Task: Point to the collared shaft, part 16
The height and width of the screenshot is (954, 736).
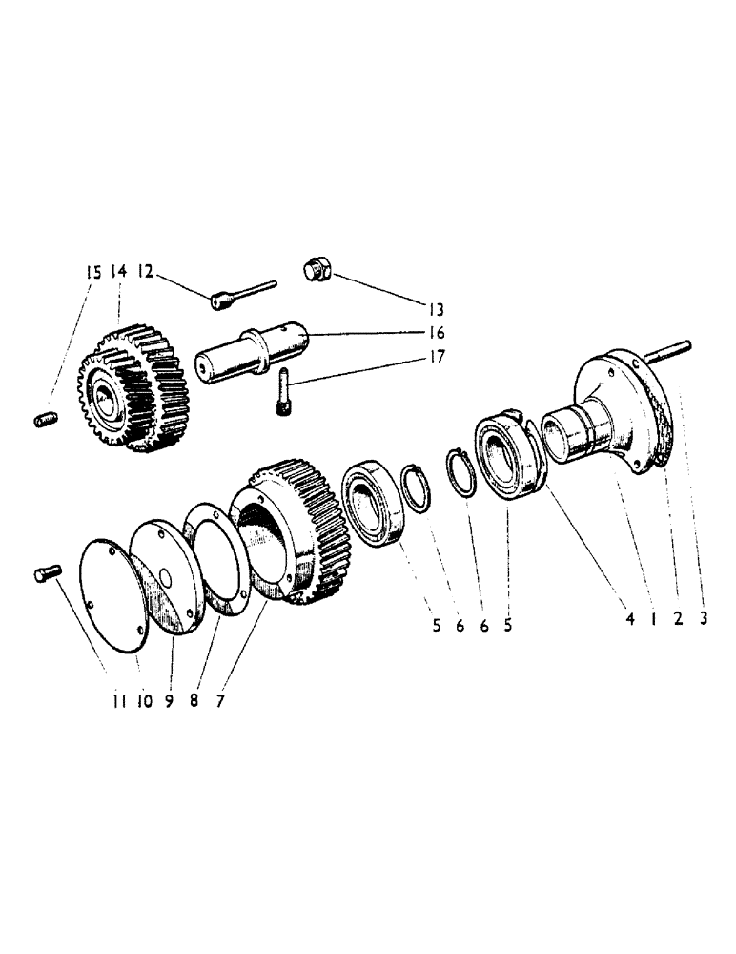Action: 254,356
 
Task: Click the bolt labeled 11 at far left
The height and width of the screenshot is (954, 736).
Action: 47,572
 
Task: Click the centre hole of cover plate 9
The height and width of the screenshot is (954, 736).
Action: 163,577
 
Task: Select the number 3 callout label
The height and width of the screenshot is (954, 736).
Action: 703,618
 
